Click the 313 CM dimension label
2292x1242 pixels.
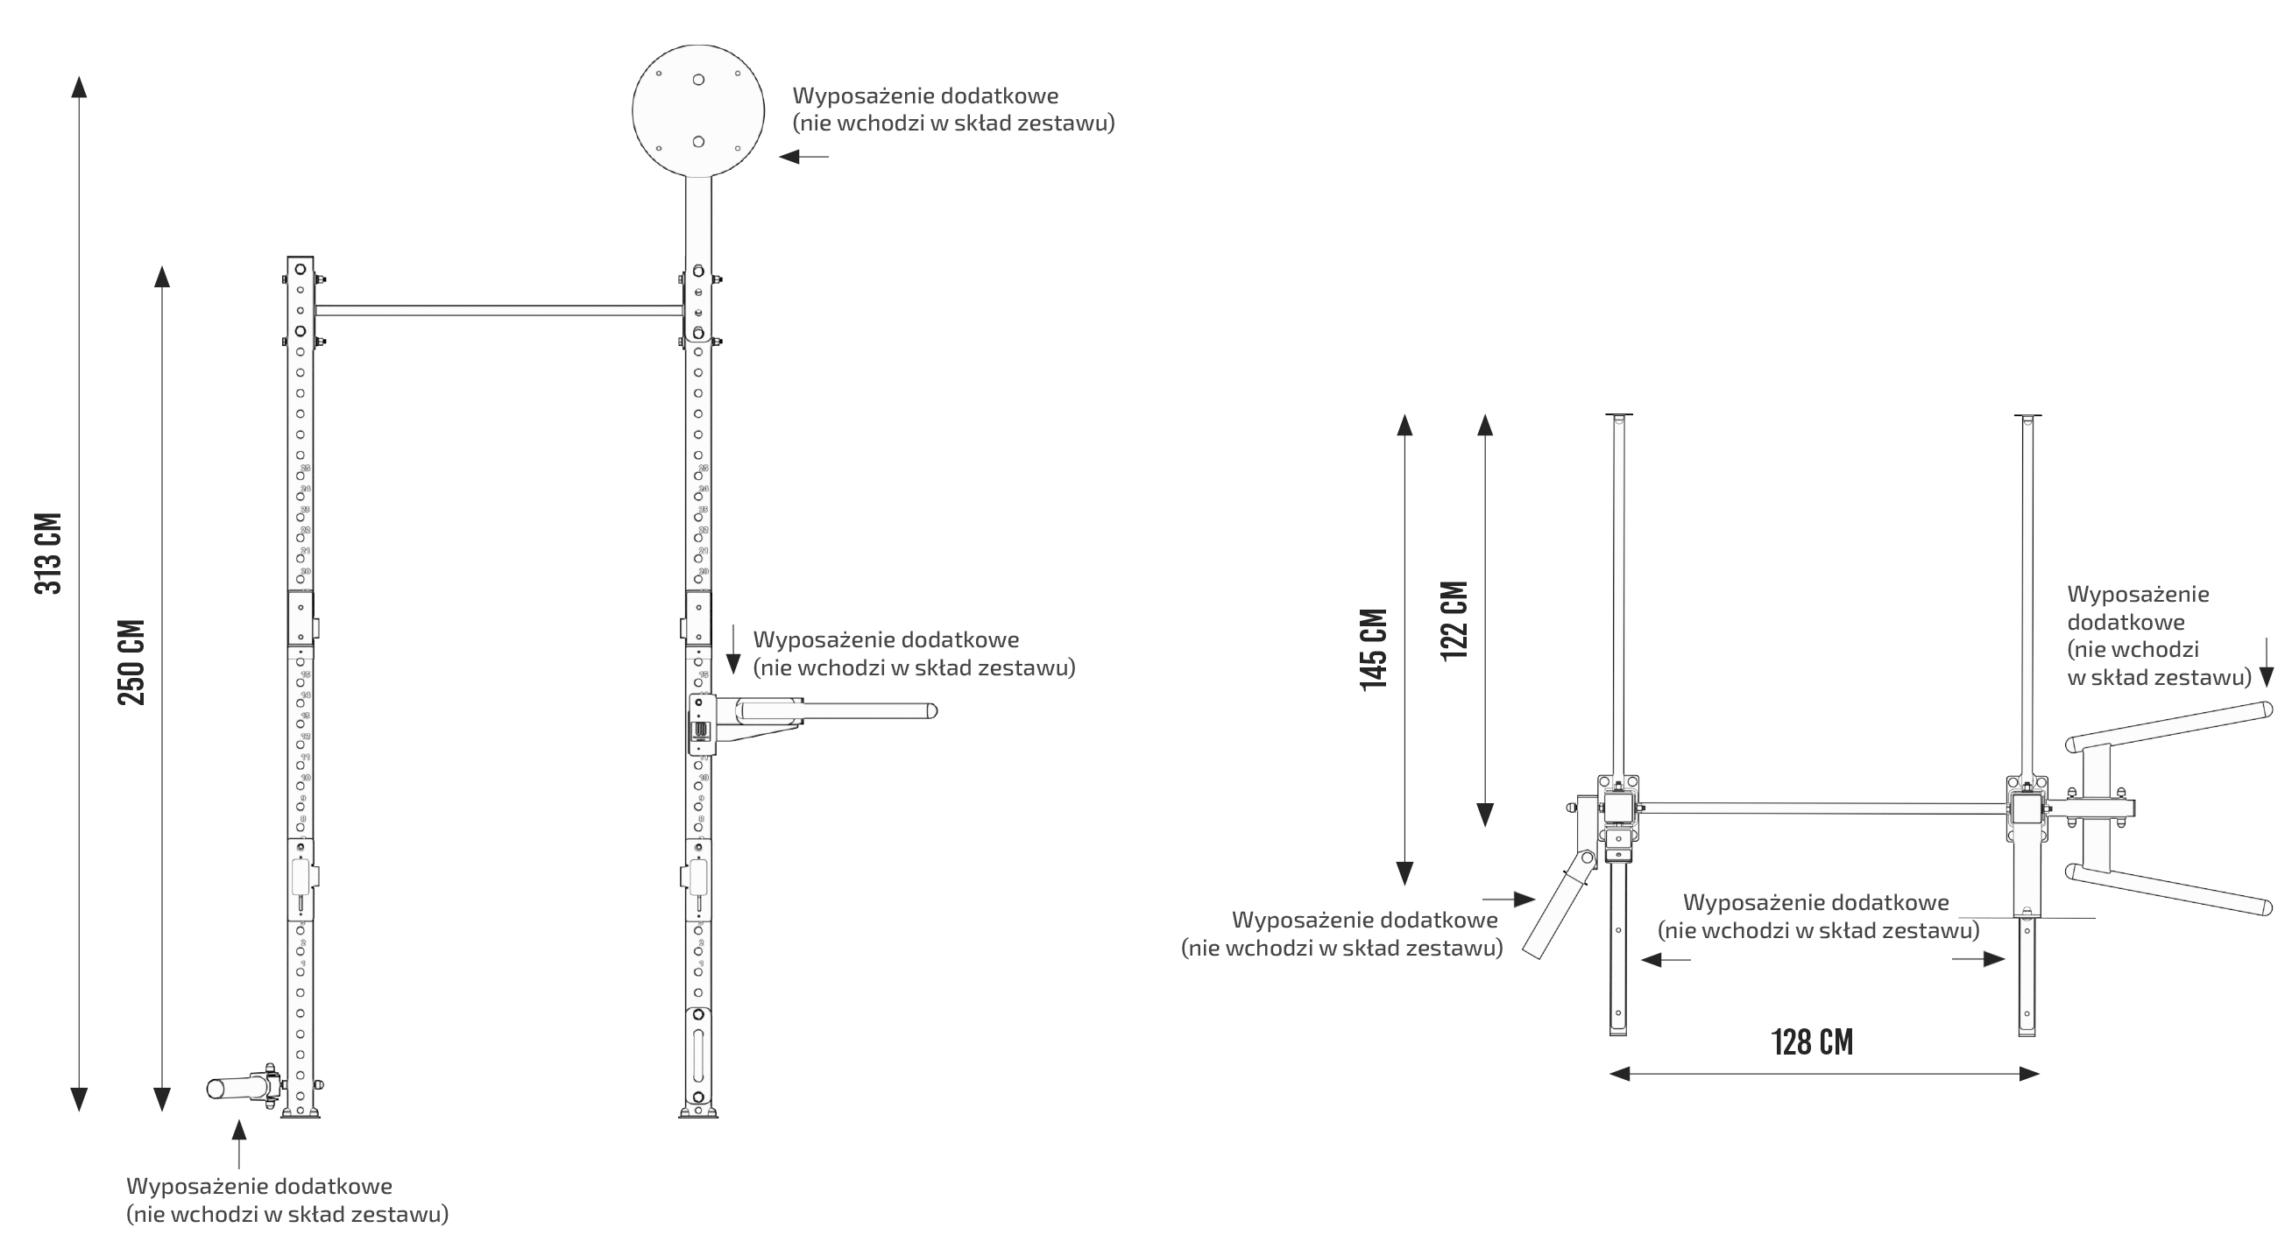tap(49, 553)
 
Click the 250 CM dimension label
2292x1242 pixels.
tap(131, 662)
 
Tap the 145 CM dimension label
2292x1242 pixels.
tap(1374, 650)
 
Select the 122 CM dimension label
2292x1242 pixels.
tap(1454, 620)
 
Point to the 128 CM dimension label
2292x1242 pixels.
tap(1812, 1041)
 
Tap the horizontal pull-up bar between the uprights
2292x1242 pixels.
tap(499, 310)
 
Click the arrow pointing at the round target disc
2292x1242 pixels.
tap(801, 157)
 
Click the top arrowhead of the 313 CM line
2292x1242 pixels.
tap(79, 88)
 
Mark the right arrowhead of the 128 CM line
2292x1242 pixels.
tap(2028, 1074)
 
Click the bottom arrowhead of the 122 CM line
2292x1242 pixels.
tap(1485, 814)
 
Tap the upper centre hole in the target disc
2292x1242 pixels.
tap(698, 80)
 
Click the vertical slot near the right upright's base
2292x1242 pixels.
tap(698, 1055)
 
